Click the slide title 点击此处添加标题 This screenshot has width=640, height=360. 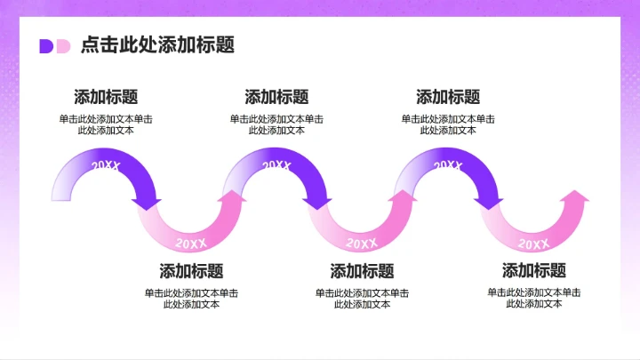157,45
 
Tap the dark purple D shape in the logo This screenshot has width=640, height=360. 45,46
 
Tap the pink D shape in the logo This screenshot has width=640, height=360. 62,46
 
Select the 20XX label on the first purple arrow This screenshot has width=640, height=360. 106,166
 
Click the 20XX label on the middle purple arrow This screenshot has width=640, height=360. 276,166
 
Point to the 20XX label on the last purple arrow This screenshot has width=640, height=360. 448,165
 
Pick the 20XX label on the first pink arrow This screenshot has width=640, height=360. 191,243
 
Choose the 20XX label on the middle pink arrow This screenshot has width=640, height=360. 362,243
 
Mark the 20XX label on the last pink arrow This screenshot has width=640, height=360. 533,243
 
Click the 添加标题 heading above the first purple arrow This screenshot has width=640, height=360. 106,97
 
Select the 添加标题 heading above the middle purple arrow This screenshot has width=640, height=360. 276,97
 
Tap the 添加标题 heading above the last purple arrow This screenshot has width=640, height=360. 448,97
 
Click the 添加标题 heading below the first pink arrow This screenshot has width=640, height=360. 191,271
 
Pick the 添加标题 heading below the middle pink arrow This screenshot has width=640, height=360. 362,271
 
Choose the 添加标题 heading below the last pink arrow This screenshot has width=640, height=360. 533,271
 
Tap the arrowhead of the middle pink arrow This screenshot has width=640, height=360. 404,197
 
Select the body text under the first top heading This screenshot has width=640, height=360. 106,124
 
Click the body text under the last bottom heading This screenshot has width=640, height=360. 533,298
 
